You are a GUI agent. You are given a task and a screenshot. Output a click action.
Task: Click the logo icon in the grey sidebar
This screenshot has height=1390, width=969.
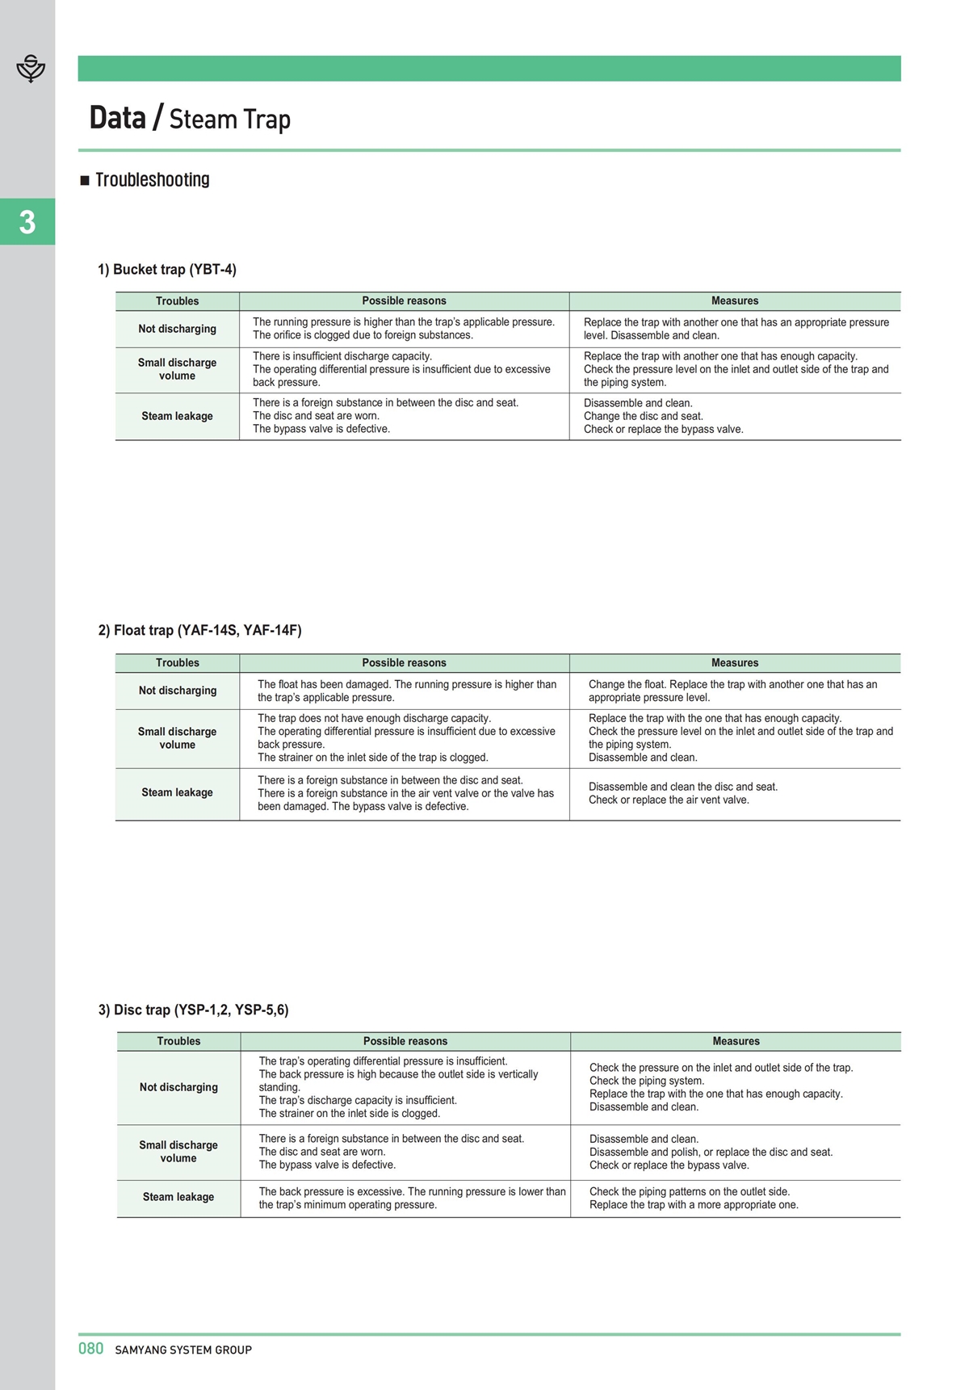(31, 69)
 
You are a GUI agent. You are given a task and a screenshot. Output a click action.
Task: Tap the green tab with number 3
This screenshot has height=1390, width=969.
(27, 221)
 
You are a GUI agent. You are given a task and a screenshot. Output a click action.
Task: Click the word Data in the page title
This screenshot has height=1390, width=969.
(117, 118)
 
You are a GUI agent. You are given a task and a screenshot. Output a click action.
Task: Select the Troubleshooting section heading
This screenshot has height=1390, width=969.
(152, 179)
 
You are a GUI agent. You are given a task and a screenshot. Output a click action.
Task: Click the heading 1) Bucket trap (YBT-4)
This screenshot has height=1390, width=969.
(167, 269)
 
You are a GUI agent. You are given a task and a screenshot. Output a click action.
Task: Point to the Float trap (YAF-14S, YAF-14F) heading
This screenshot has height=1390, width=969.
(199, 630)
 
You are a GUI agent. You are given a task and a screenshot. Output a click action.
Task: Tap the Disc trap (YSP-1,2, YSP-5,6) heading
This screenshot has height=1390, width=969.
(193, 1010)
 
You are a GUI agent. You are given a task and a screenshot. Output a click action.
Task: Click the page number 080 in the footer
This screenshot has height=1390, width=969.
(91, 1348)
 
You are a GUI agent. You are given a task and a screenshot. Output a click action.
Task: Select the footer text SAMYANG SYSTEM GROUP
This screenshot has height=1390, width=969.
(183, 1350)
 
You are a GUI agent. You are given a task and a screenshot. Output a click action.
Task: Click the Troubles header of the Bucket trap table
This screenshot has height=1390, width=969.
(177, 301)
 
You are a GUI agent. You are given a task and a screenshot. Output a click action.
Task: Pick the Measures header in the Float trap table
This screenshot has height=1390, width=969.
(735, 663)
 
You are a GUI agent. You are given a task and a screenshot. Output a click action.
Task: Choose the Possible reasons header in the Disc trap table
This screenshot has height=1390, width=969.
(405, 1041)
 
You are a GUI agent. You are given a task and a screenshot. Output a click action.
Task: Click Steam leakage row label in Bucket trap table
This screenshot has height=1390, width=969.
(177, 416)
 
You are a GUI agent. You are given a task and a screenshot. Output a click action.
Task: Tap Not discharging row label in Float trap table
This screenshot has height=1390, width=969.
(177, 691)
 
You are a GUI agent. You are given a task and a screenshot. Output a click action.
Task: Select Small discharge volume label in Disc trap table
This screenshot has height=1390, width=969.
(178, 1152)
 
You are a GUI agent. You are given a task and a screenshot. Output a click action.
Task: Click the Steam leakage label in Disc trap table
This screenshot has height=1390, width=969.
(178, 1197)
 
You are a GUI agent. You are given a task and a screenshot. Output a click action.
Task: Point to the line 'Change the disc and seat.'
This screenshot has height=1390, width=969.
(644, 416)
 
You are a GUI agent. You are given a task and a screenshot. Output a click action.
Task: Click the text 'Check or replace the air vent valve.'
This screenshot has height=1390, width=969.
(669, 800)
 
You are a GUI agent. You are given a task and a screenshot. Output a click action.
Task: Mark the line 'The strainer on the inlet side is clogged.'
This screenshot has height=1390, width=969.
(349, 1113)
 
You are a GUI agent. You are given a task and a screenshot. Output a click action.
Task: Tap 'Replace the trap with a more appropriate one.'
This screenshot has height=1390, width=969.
(694, 1204)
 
